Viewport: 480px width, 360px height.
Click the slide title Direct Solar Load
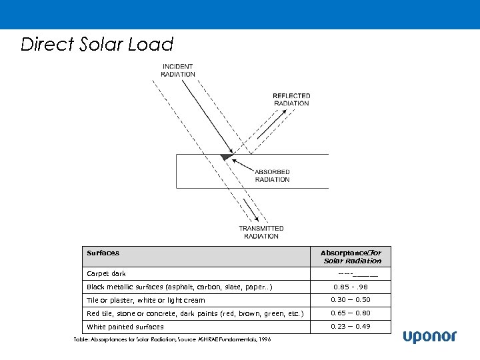(97, 45)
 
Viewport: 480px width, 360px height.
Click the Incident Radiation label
(178, 70)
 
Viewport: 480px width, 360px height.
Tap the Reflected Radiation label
(291, 99)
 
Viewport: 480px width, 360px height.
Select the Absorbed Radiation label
(272, 175)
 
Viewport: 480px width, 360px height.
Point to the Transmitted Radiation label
(261, 232)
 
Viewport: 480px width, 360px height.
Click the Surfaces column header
(103, 253)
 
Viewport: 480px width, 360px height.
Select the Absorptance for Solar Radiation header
(351, 257)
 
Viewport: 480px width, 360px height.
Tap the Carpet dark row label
(106, 274)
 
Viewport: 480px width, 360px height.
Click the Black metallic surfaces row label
(179, 287)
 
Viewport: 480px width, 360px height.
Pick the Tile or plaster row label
(146, 301)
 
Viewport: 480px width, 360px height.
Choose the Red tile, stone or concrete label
(195, 313)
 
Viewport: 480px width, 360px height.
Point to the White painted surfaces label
(125, 327)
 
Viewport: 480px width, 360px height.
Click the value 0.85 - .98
(351, 287)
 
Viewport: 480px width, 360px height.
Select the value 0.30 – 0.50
(351, 300)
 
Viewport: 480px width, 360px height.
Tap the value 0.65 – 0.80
(351, 313)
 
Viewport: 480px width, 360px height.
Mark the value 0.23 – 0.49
(351, 326)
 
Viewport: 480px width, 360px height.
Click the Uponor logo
(429, 337)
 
